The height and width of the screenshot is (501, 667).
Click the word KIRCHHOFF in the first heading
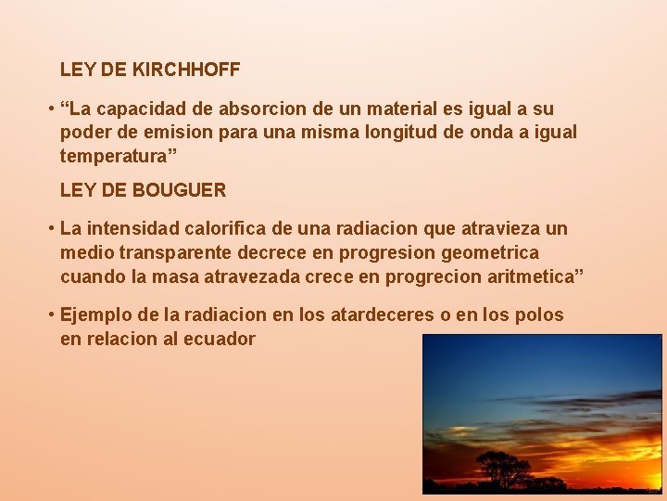click(x=186, y=70)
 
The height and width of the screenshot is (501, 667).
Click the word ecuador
click(x=220, y=339)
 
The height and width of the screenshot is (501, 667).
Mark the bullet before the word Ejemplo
click(x=52, y=315)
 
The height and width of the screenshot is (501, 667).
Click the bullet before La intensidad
click(x=52, y=228)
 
